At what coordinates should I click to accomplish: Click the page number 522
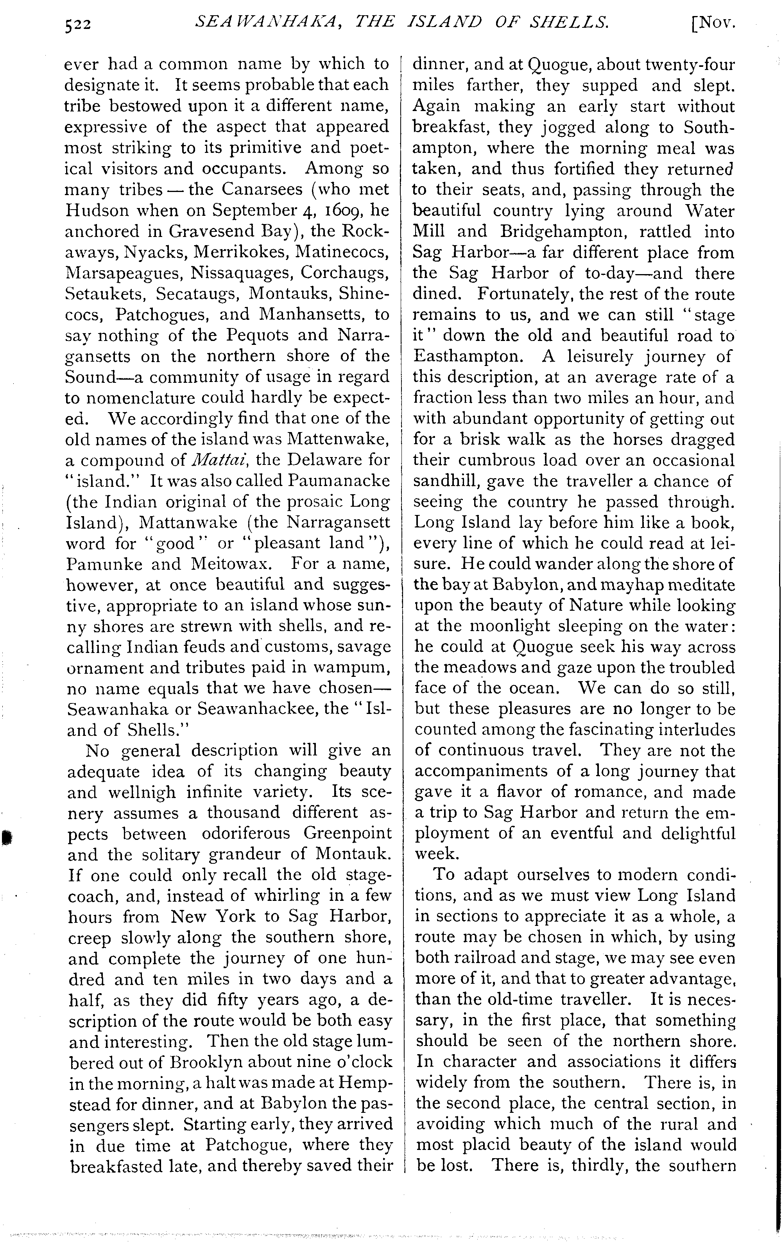pyautogui.click(x=78, y=24)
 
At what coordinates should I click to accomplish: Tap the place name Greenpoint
pyautogui.click(x=348, y=834)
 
